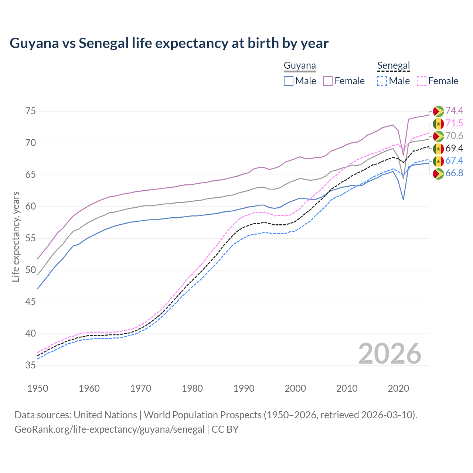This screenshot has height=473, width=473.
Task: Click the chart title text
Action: (169, 43)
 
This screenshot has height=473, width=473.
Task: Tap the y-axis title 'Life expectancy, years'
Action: (16, 236)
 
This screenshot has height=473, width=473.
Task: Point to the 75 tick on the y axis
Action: (30, 111)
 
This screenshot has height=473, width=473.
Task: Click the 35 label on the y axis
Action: (30, 365)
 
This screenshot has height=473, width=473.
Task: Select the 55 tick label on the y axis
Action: (30, 238)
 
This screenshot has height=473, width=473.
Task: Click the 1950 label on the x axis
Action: (38, 388)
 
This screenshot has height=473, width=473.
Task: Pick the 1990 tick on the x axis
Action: (244, 388)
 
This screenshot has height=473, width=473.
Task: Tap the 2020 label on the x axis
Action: (398, 388)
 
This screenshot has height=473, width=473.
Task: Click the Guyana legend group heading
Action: (300, 66)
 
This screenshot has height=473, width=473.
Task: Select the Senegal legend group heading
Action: (394, 66)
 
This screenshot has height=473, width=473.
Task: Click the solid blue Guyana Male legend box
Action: (289, 81)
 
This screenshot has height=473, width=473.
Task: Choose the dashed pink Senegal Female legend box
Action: (422, 81)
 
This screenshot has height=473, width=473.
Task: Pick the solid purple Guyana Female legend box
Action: (328, 81)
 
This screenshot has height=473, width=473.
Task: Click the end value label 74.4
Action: (454, 111)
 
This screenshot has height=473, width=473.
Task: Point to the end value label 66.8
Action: (454, 173)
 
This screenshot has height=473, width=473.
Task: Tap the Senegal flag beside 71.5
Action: (438, 124)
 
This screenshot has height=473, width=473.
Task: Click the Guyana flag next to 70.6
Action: (438, 136)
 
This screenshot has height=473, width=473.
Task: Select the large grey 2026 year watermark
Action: (390, 354)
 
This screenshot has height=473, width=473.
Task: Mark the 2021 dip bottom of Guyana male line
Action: (403, 200)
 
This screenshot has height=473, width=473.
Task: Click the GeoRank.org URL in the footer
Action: (109, 429)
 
